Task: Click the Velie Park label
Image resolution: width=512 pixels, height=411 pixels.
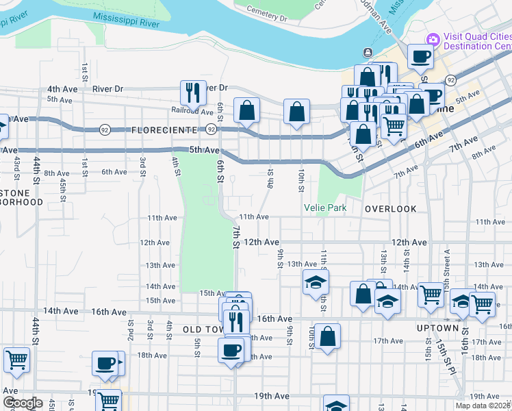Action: (325, 208)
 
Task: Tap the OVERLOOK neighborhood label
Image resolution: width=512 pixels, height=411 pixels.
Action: (390, 208)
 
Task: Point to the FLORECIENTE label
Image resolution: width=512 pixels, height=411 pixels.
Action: (164, 129)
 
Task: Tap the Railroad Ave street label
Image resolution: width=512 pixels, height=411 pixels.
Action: (192, 110)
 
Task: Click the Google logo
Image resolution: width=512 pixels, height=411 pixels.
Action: (23, 403)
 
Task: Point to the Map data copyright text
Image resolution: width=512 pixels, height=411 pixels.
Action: (482, 406)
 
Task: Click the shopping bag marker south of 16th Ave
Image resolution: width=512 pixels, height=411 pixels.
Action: (327, 336)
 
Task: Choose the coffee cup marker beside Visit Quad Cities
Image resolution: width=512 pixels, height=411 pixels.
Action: (421, 56)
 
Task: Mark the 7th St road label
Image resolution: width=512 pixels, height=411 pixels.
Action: (235, 237)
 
